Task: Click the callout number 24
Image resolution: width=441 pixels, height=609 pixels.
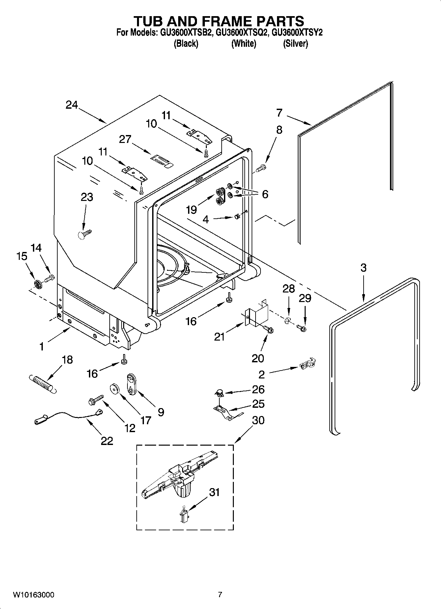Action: click(x=72, y=105)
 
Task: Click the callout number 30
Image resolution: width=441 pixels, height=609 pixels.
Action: click(x=258, y=421)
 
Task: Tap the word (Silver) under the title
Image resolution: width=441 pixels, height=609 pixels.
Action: click(x=295, y=44)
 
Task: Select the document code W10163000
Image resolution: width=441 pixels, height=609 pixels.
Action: click(x=34, y=595)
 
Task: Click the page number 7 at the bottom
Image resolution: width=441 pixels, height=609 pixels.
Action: click(x=220, y=595)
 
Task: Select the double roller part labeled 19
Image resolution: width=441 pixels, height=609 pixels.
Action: click(x=220, y=197)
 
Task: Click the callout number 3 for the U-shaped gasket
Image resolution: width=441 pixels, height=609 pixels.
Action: click(x=363, y=268)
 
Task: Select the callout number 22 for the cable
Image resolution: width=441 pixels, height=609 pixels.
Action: click(x=107, y=441)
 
